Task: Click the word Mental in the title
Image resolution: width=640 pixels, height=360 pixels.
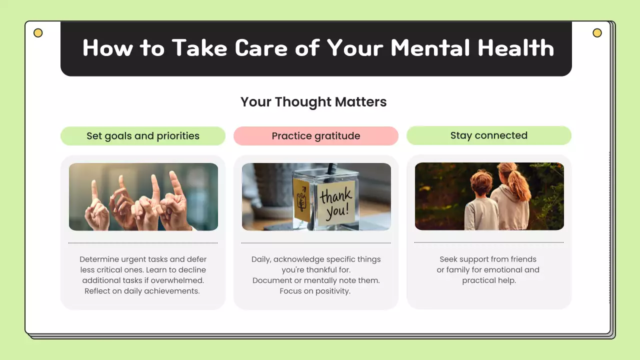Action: coord(430,48)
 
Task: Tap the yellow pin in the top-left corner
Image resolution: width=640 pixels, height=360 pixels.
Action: coord(38,33)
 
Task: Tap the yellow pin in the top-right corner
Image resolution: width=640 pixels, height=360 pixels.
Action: coord(597,33)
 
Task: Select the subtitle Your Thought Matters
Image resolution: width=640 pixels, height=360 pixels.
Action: coord(313,102)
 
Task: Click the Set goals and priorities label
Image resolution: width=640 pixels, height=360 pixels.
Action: coord(143,136)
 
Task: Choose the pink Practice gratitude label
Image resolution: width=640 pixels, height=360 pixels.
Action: coord(316,136)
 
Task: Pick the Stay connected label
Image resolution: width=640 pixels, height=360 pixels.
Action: coord(489,135)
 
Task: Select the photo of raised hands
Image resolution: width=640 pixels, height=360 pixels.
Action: coord(143,197)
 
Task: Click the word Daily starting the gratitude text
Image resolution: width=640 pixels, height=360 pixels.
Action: coord(261,259)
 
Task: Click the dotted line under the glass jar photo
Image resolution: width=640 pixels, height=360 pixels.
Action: coord(316,243)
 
